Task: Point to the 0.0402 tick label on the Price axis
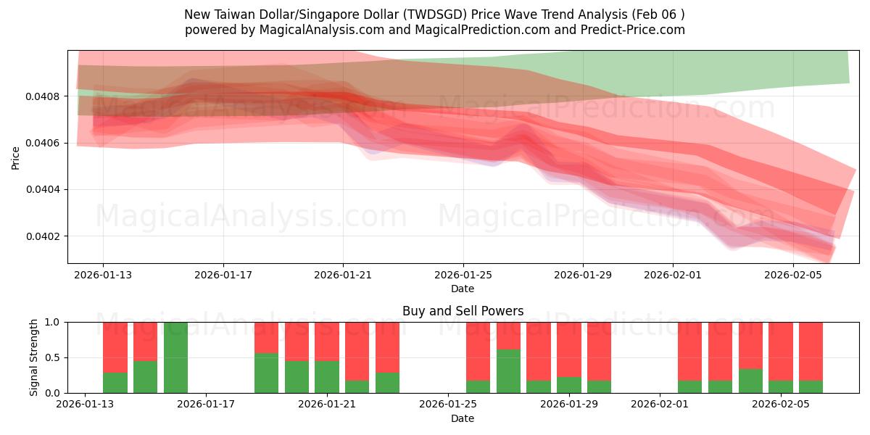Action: point(45,236)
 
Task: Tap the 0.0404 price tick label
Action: point(45,190)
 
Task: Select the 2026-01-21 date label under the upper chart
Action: point(343,275)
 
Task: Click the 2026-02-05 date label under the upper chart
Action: point(793,275)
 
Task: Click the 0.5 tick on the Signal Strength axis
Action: point(54,358)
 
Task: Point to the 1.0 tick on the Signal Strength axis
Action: point(54,323)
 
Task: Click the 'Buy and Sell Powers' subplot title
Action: point(463,311)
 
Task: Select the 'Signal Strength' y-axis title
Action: point(34,357)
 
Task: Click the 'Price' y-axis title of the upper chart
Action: point(16,157)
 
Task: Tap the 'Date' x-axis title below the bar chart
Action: point(463,418)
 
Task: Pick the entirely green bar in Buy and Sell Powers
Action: point(175,357)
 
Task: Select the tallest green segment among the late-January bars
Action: point(508,371)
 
